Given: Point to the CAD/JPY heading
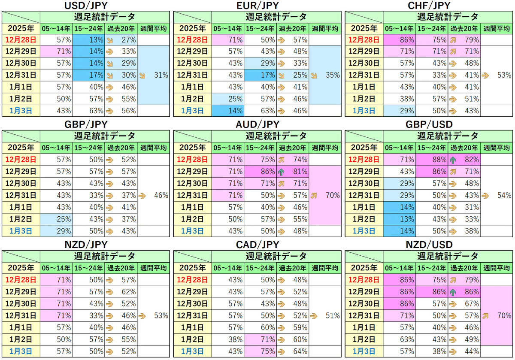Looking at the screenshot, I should click(x=258, y=245).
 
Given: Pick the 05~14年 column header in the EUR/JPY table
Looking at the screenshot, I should click(x=227, y=29).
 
